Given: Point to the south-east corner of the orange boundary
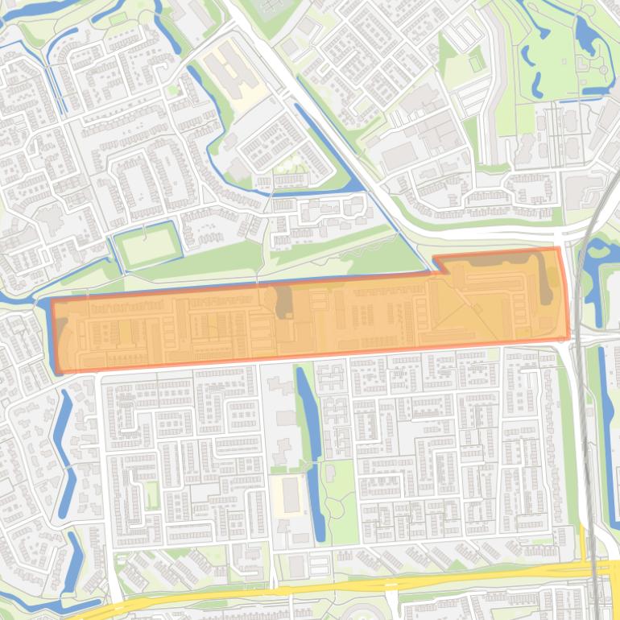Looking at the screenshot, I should tap(568, 338).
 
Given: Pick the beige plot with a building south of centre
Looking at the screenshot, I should tap(290, 493).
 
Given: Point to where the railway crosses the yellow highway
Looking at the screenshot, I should tap(596, 567).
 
